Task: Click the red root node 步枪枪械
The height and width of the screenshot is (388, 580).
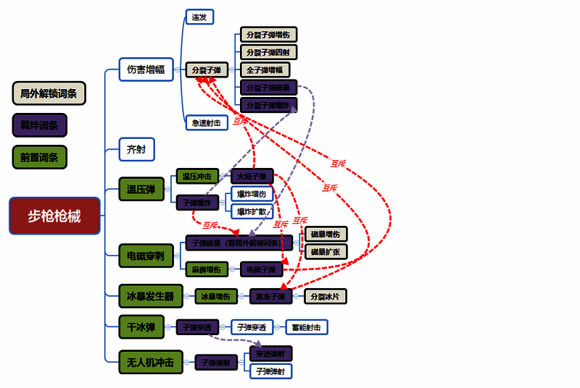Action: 54,216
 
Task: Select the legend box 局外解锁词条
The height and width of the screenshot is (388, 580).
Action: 49,93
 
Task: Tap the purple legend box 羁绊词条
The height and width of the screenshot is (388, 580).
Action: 40,125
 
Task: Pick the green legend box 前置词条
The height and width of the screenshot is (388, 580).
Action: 40,156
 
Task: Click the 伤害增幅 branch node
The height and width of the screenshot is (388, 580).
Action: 146,69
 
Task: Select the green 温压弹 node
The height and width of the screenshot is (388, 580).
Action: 141,190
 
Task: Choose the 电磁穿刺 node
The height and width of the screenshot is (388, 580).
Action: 146,256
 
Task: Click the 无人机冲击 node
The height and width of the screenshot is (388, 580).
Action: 150,362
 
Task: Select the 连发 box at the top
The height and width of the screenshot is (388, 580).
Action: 199,17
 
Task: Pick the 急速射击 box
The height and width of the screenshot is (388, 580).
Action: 207,122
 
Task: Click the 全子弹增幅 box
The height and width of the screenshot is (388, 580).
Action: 265,69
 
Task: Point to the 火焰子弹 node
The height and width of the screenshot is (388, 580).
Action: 252,176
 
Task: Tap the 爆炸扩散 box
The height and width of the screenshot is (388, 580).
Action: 252,211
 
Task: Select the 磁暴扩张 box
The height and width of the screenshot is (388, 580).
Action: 326,252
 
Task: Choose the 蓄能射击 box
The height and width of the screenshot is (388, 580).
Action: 307,327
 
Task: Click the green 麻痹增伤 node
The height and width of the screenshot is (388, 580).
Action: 207,269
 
